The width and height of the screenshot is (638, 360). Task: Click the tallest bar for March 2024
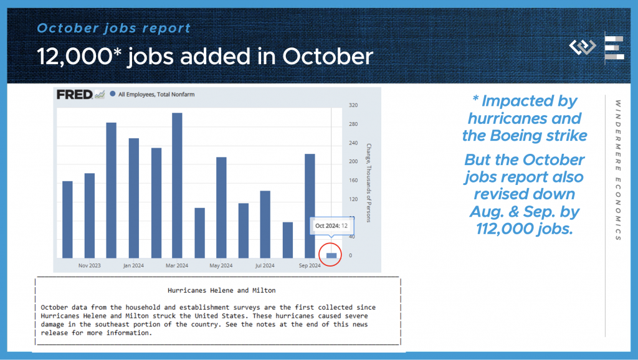pyautogui.click(x=177, y=186)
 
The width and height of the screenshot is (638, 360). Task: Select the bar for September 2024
pyautogui.click(x=310, y=206)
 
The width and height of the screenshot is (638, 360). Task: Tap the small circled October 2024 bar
pyautogui.click(x=331, y=255)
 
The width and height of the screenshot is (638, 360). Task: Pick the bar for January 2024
pyautogui.click(x=134, y=198)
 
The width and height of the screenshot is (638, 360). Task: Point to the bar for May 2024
pyautogui.click(x=221, y=207)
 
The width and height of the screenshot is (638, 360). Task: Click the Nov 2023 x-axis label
pyautogui.click(x=90, y=265)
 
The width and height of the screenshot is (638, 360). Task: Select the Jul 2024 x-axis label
pyautogui.click(x=265, y=265)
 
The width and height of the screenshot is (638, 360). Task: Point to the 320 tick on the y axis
pyautogui.click(x=353, y=105)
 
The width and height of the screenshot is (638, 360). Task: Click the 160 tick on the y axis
pyautogui.click(x=353, y=180)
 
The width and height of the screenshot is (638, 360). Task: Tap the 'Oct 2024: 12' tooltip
pyautogui.click(x=331, y=225)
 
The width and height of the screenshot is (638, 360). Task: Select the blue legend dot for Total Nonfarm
pyautogui.click(x=113, y=94)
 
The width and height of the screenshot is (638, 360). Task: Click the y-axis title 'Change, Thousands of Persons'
pyautogui.click(x=369, y=182)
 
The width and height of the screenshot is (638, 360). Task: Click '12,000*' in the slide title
pyautogui.click(x=79, y=56)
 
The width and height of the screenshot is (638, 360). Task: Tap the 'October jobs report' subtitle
pyautogui.click(x=113, y=28)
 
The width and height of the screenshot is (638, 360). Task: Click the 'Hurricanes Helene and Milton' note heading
pyautogui.click(x=222, y=290)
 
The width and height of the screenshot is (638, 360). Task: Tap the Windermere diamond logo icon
pyautogui.click(x=583, y=47)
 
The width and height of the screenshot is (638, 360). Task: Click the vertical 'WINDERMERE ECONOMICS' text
pyautogui.click(x=618, y=170)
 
